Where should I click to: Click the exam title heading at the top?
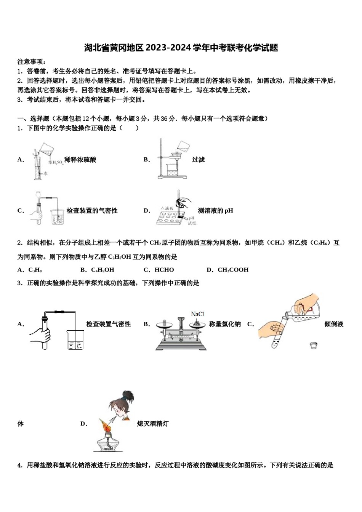tap(181, 48)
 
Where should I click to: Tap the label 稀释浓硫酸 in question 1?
tap(80, 160)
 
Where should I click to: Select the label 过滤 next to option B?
tap(198, 160)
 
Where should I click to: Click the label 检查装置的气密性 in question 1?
tap(92, 211)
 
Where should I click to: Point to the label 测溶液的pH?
tap(215, 211)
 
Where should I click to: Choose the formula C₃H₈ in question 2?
tap(35, 270)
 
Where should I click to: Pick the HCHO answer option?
tap(164, 270)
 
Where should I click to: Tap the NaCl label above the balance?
tap(197, 314)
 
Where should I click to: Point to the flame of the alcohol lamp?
tap(105, 426)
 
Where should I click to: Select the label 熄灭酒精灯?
tap(152, 424)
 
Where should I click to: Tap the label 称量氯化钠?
tap(225, 324)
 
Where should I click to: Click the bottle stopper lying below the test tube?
tap(314, 345)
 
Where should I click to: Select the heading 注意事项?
tap(32, 62)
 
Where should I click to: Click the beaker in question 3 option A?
tap(75, 340)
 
